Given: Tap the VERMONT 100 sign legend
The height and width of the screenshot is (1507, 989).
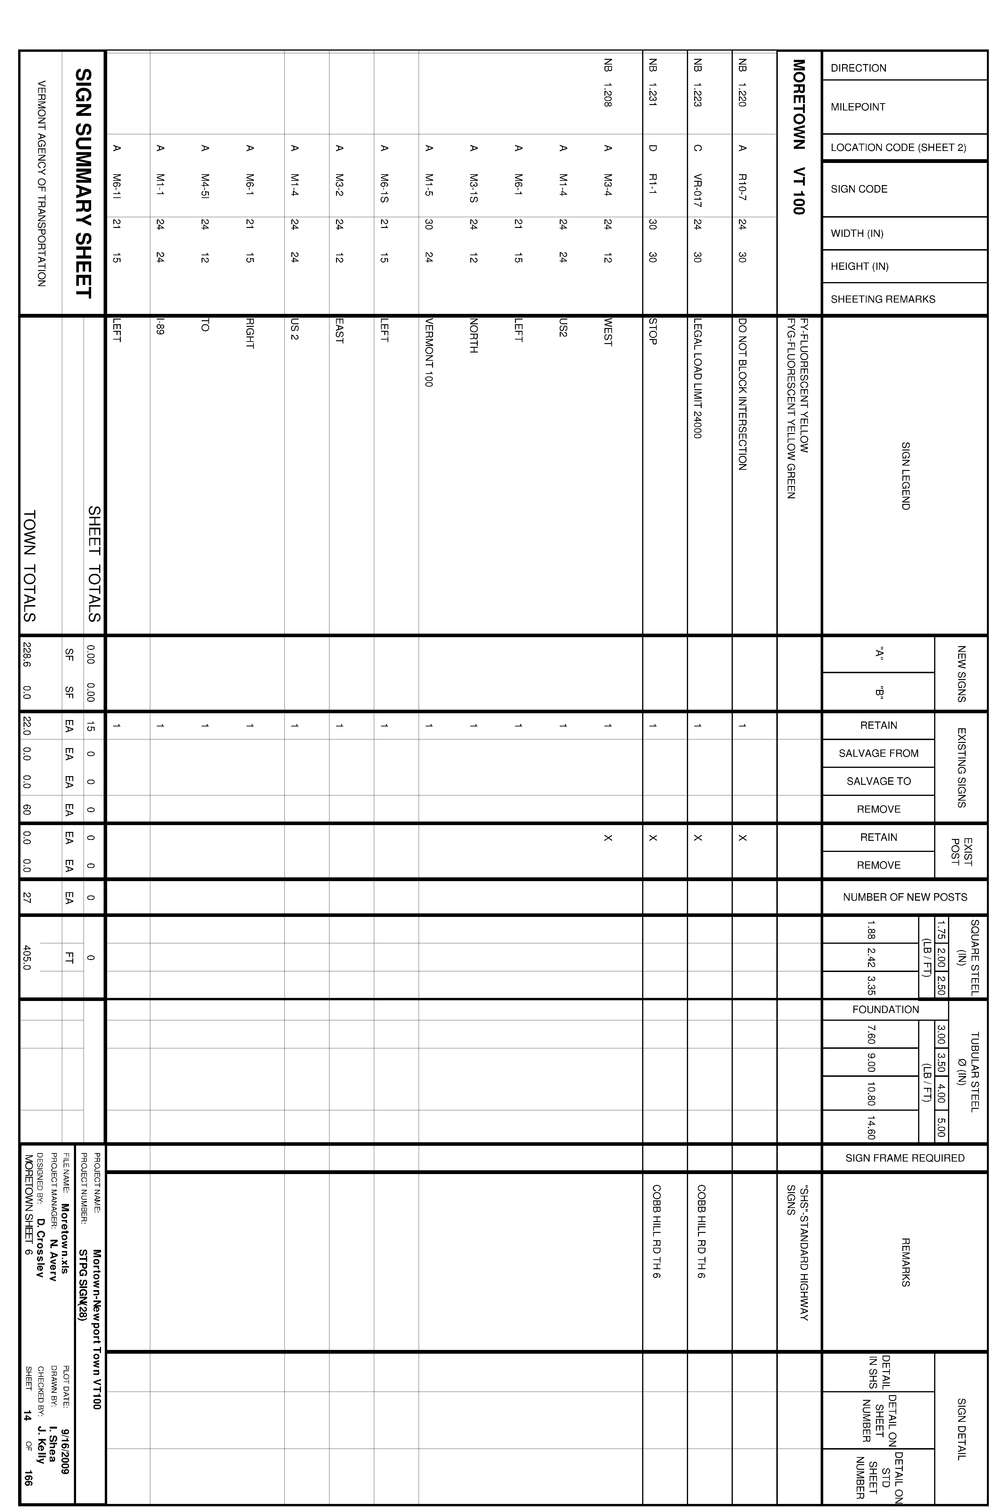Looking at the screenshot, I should [429, 353].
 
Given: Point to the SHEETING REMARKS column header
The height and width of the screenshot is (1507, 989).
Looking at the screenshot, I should [883, 299].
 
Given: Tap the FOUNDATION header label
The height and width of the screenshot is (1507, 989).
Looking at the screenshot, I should [885, 1009].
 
